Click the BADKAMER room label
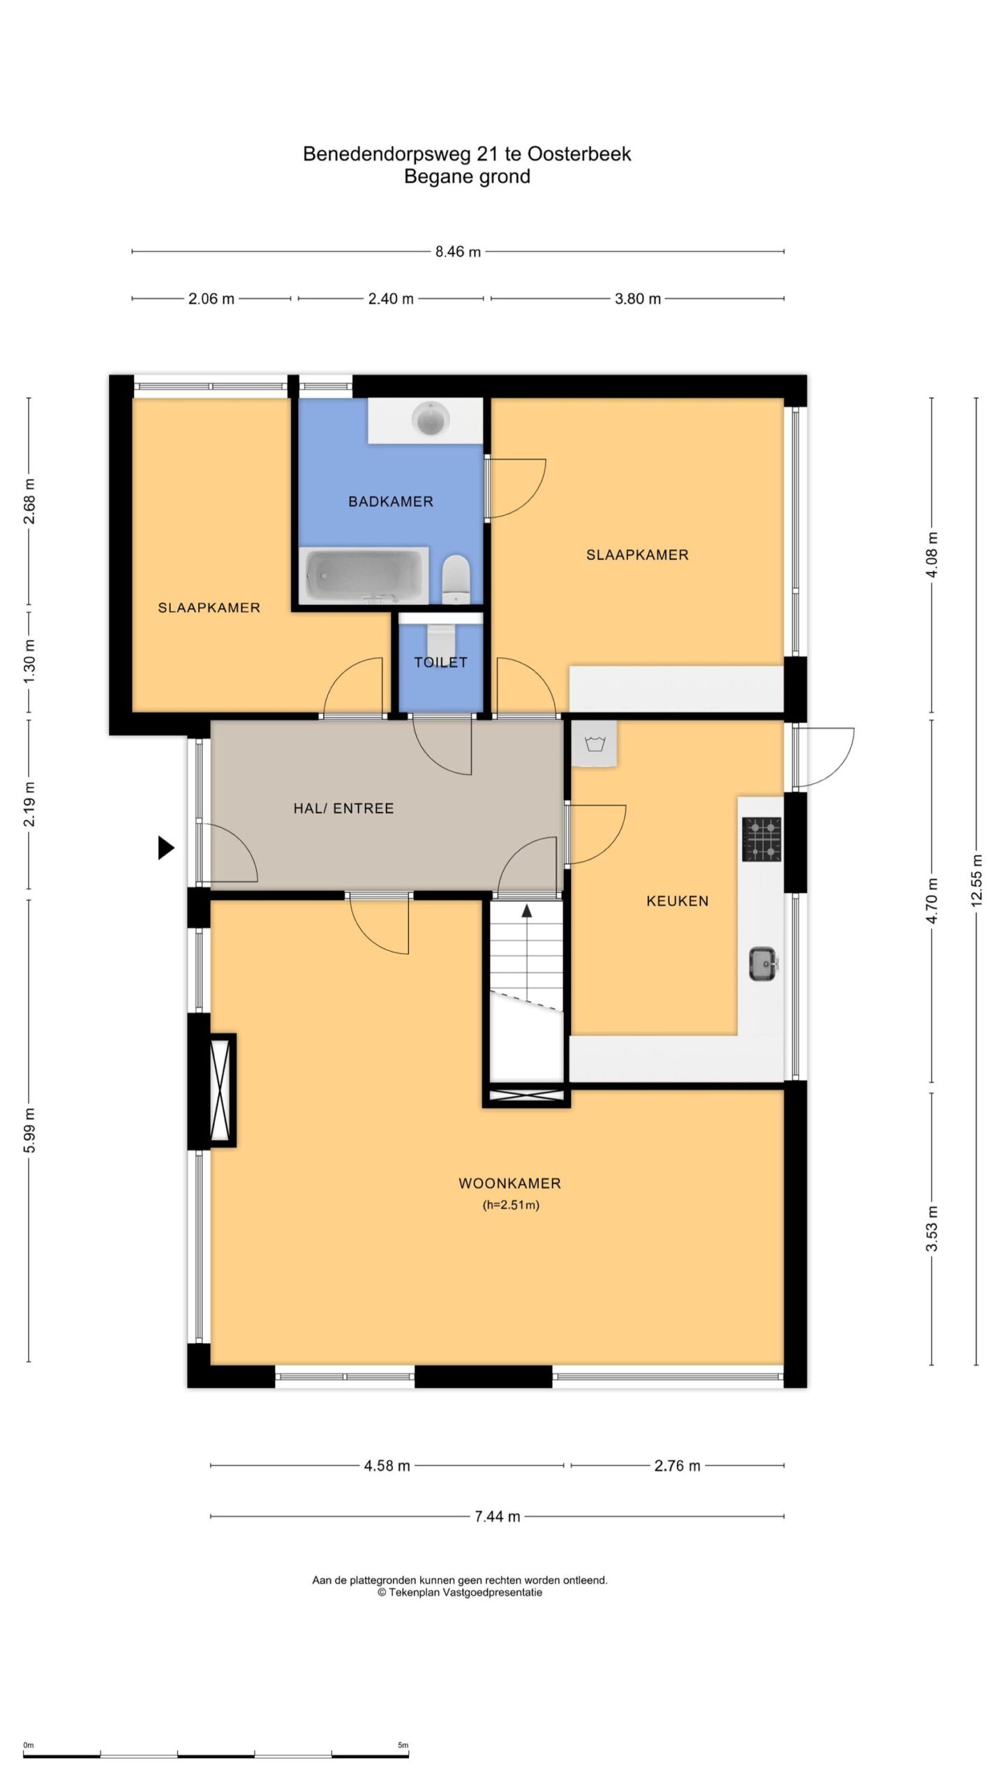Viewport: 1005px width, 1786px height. pos(391,502)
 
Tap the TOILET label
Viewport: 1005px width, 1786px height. pos(440,662)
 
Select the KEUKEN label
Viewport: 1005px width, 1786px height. pos(677,901)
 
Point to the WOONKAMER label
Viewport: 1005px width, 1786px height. pos(509,1183)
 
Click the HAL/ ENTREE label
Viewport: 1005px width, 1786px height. pos(343,809)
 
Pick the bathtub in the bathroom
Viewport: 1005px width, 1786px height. pos(364,576)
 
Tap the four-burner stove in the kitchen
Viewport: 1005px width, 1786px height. pos(761,839)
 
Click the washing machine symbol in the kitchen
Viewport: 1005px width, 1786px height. pos(594,744)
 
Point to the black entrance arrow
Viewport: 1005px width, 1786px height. pos(165,848)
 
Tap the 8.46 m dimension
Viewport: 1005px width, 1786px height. pos(458,252)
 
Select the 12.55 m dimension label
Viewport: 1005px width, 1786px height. pos(976,880)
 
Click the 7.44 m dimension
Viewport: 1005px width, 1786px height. pos(497,1516)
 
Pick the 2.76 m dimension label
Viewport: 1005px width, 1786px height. pos(677,1466)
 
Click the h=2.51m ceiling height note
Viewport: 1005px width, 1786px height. pos(511,1205)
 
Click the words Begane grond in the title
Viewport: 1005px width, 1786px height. pos(467,177)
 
